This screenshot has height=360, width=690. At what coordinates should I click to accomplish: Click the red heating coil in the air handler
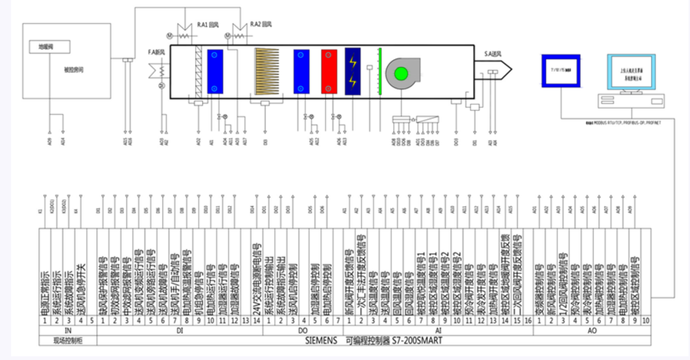click(329, 71)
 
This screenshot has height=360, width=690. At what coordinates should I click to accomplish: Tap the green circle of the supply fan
click(401, 73)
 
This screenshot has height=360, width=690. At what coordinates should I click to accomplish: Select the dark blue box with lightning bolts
click(353, 71)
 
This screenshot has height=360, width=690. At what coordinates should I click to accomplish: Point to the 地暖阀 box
click(49, 47)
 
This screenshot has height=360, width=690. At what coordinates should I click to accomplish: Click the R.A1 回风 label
click(207, 24)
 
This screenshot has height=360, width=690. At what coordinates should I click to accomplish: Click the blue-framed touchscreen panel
click(560, 71)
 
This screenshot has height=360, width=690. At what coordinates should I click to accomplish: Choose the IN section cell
click(68, 330)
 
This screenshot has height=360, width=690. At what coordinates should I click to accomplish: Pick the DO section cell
click(303, 330)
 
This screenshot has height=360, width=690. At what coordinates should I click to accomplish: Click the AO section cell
click(592, 330)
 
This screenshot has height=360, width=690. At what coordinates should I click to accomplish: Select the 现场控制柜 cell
click(68, 341)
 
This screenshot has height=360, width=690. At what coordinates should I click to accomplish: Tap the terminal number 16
click(528, 320)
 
